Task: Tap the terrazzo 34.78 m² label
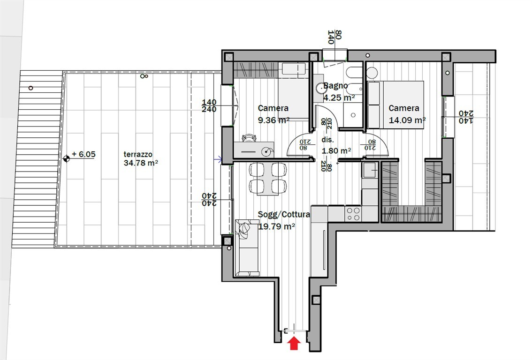[141, 158]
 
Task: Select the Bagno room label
[335, 86]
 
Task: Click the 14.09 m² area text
[407, 120]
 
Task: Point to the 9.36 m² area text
[274, 120]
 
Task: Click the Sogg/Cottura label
[284, 214]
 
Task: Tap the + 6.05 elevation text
[84, 154]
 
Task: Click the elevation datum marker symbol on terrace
[66, 158]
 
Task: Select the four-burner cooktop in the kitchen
[353, 214]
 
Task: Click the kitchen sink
[370, 170]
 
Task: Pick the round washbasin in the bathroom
[320, 88]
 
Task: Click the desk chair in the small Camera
[249, 138]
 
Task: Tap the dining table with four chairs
[268, 179]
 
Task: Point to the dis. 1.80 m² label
[336, 145]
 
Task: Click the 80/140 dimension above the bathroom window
[334, 37]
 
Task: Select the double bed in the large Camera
[396, 105]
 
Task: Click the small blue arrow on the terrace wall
[218, 159]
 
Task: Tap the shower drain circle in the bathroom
[353, 115]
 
